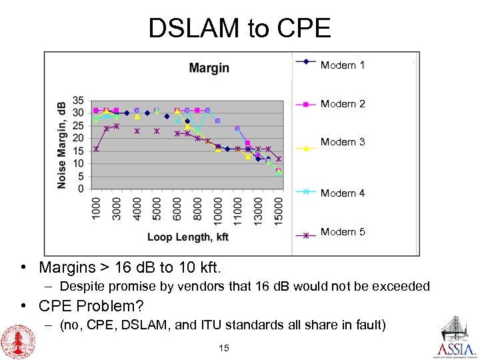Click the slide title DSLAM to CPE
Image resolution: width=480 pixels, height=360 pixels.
pos(239,28)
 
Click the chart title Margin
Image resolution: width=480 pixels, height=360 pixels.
pos(209,68)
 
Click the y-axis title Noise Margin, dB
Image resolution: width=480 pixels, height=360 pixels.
pos(62,144)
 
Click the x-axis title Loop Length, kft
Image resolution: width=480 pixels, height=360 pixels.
pos(188,237)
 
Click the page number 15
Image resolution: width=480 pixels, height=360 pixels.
pos(223,348)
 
